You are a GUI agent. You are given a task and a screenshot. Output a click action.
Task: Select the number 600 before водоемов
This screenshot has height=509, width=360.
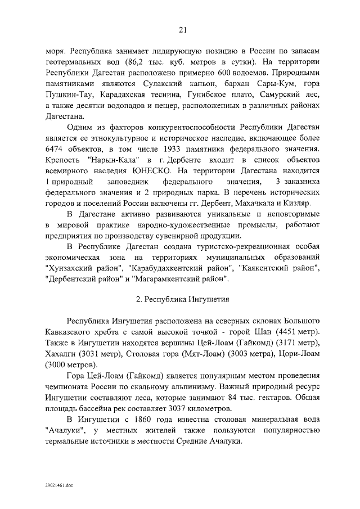(x=225, y=73)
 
